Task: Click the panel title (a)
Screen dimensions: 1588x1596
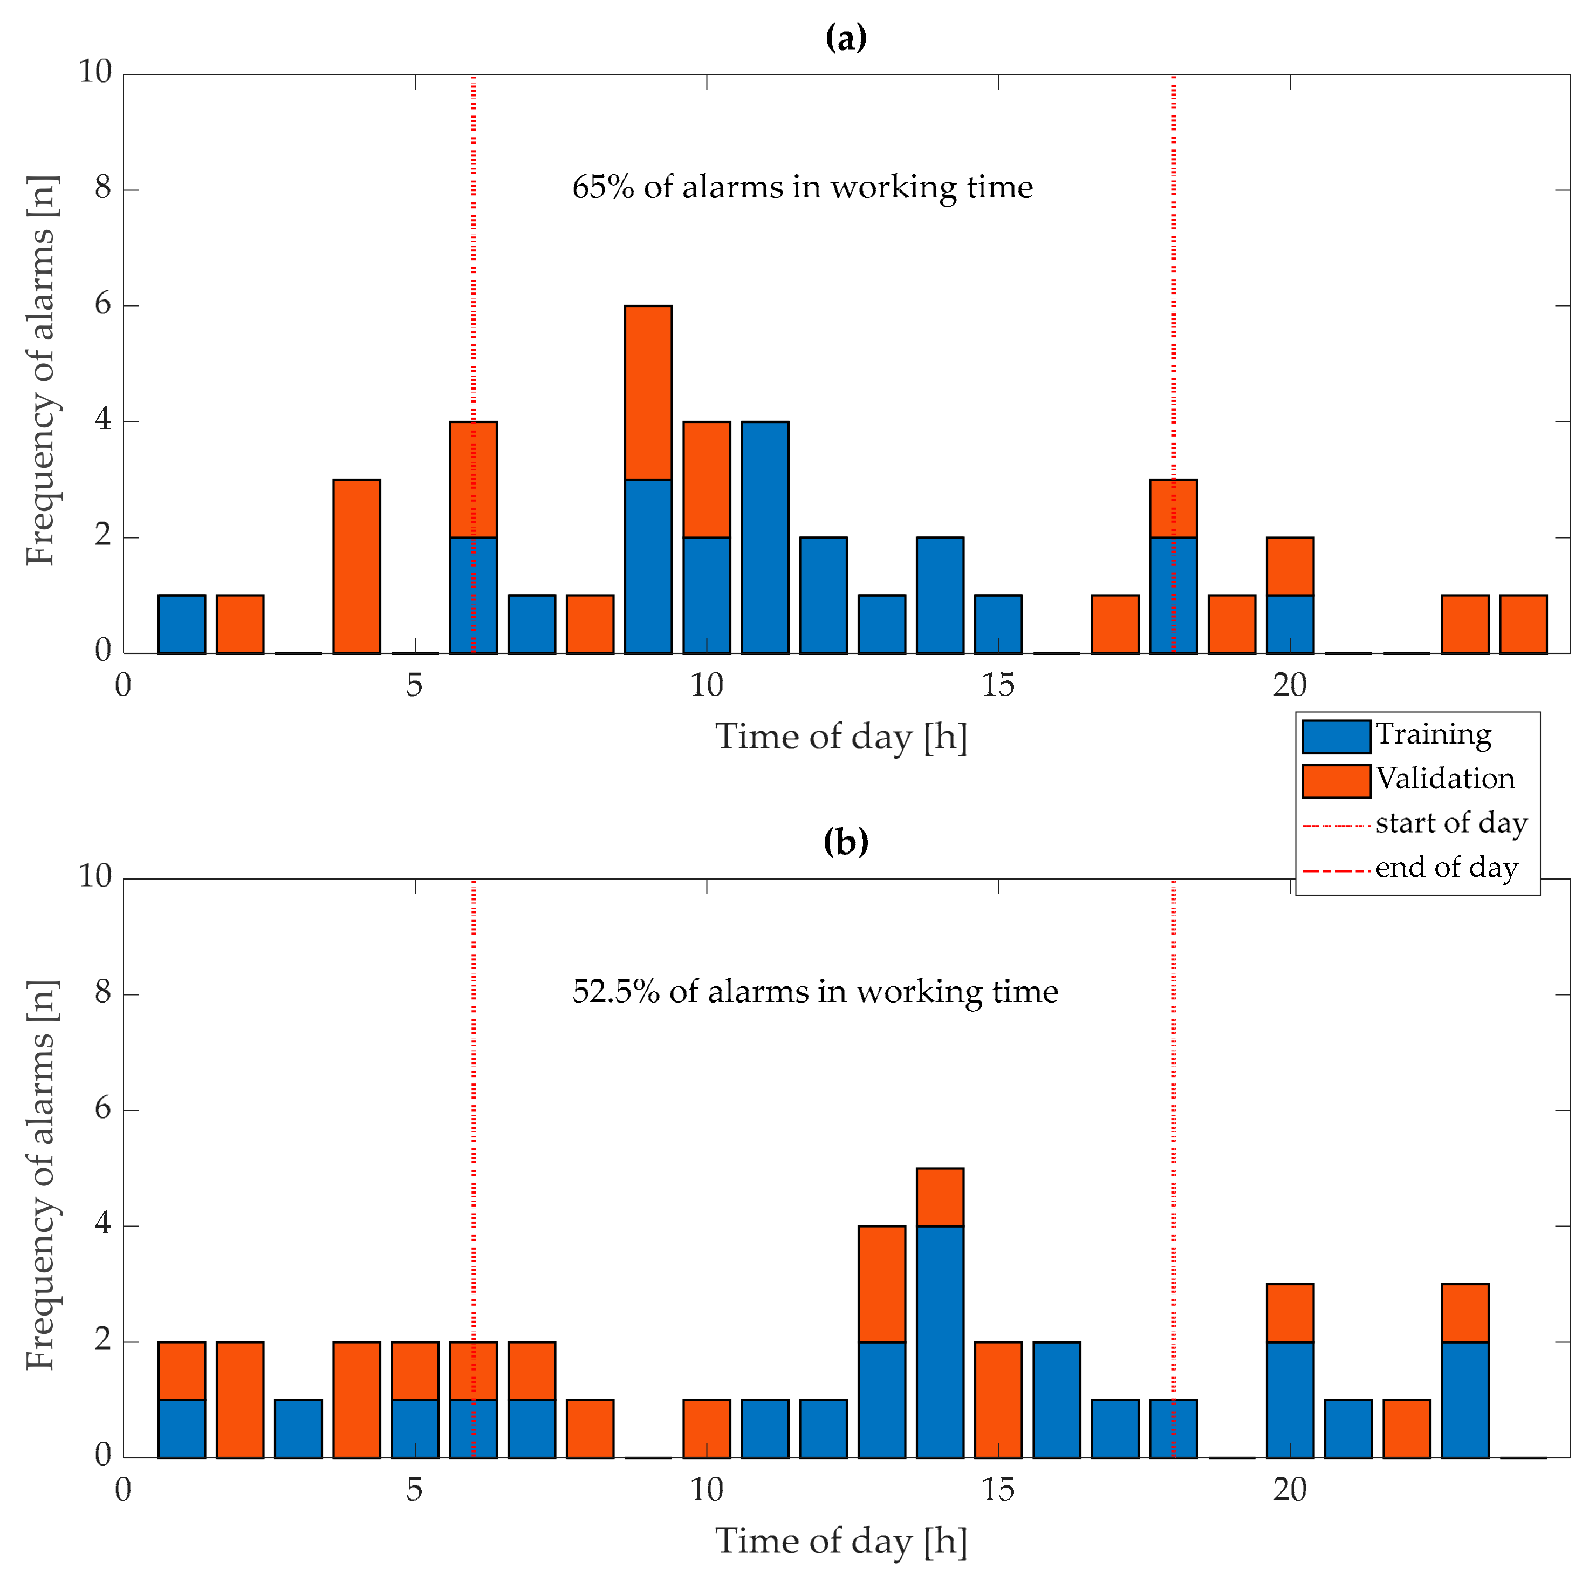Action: pyautogui.click(x=845, y=38)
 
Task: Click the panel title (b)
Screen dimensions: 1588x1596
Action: pyautogui.click(x=845, y=842)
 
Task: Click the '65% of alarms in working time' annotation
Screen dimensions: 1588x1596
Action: pyautogui.click(x=802, y=188)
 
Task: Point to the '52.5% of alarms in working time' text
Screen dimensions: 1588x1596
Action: pyautogui.click(x=814, y=991)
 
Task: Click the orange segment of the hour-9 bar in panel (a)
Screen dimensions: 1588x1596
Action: pyautogui.click(x=648, y=392)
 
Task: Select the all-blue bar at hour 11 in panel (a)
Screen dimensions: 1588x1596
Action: pyautogui.click(x=764, y=537)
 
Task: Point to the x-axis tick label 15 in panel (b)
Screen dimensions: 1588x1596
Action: pyautogui.click(x=998, y=1490)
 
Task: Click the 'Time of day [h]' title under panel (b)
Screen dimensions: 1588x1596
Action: pyautogui.click(x=840, y=1541)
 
